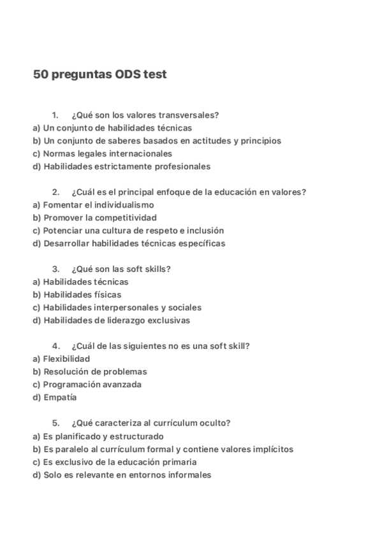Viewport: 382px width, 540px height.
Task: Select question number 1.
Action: point(55,115)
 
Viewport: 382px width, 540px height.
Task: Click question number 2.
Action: point(55,192)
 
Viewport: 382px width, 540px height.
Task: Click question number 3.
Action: point(55,269)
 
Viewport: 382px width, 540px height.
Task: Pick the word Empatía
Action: point(59,397)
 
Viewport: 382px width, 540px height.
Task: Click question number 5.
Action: point(55,423)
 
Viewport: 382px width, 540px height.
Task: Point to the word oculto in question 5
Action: point(216,423)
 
